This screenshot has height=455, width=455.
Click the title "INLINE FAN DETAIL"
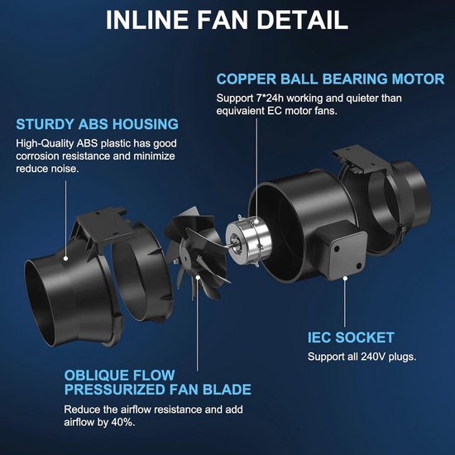tap(227, 20)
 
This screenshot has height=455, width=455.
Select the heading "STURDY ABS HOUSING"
tap(98, 124)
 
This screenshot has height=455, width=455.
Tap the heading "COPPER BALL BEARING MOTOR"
tap(331, 79)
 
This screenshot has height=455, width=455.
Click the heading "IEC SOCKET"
tap(351, 338)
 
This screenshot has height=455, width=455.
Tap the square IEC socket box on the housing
tap(341, 251)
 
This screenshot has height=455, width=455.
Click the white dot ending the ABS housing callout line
tap(66, 258)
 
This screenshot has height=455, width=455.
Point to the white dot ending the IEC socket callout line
tap(345, 279)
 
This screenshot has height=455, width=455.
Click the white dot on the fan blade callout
tap(198, 277)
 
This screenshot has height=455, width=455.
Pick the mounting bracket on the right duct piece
tap(362, 160)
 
